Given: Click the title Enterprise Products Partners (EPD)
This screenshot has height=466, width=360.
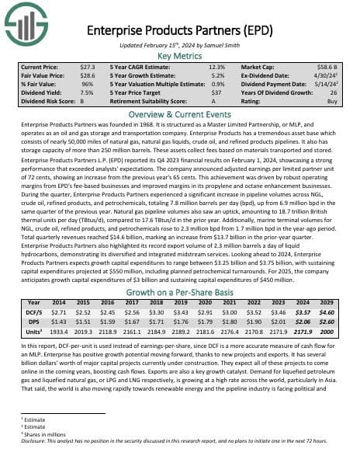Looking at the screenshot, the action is click(179, 31).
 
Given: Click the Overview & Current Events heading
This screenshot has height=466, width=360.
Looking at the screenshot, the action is click(179, 113).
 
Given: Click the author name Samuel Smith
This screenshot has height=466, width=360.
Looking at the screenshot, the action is click(223, 44).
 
